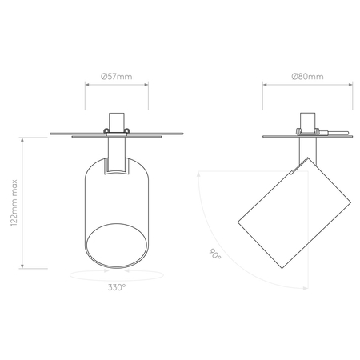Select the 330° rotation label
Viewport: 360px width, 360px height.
(117, 286)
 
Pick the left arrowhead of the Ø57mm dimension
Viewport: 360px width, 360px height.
(86, 88)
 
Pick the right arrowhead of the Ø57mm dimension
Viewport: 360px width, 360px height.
(148, 88)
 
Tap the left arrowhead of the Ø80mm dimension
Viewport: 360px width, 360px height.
(265, 88)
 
